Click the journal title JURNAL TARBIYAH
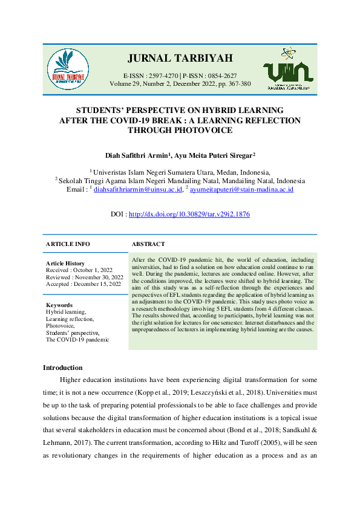180,59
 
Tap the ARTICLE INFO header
68,244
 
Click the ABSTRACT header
148,244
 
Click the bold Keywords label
59,305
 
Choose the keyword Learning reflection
70,319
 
